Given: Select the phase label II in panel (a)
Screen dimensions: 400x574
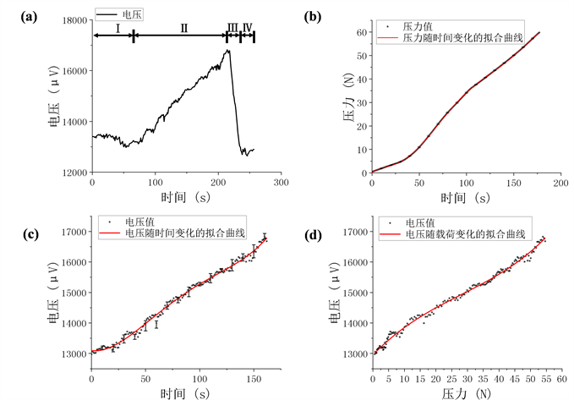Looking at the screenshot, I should click(183, 28).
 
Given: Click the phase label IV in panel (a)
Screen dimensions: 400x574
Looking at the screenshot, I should click(247, 28).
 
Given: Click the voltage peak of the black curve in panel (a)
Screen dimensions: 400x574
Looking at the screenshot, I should click(227, 50).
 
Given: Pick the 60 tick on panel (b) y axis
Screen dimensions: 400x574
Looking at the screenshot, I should click(361, 33).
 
